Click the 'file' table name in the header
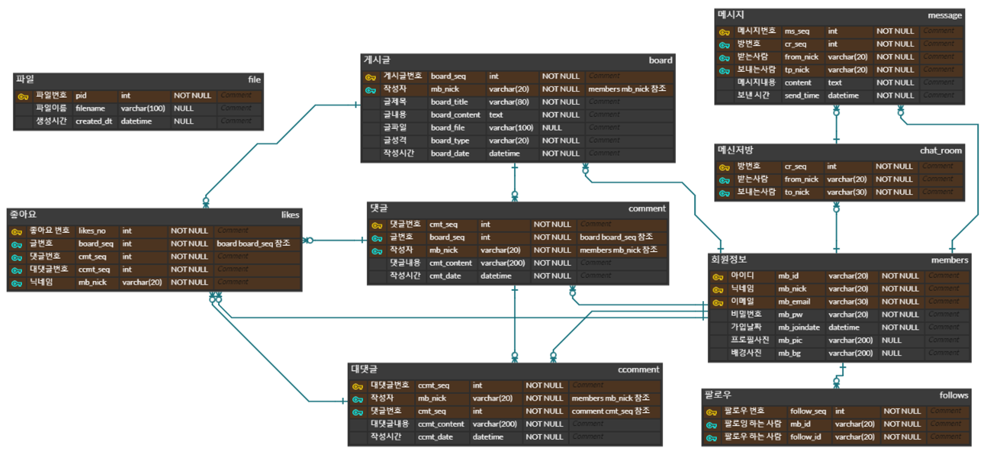coord(254,79)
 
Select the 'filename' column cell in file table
coord(90,109)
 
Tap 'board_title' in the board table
coord(449,102)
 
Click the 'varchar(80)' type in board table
coord(509,102)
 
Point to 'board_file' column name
coord(447,128)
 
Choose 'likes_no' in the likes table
coord(92,231)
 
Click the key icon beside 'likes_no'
coord(17,231)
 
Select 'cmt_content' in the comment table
coord(450,263)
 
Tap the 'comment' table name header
coord(647,209)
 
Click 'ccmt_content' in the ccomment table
coord(441,424)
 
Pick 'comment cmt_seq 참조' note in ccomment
coord(610,411)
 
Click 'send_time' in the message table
coord(801,96)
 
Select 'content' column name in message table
coord(798,83)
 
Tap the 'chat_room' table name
coord(941,151)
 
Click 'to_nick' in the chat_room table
coord(796,192)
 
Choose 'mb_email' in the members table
coord(794,302)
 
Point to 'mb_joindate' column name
coord(799,328)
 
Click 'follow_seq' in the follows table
coord(808,411)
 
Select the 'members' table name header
coord(950,260)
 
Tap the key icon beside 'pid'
coord(23,96)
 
